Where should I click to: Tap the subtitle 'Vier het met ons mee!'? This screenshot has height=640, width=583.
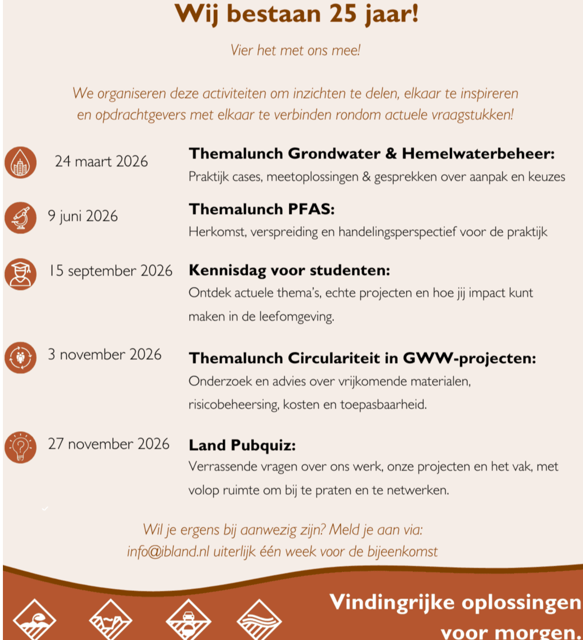tap(295, 50)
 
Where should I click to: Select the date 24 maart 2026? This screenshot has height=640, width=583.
tap(101, 161)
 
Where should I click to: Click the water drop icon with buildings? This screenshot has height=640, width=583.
tap(20, 163)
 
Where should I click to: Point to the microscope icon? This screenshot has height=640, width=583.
tap(20, 218)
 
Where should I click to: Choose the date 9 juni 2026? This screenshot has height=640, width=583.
tap(83, 216)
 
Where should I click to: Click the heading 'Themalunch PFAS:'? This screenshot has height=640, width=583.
tap(261, 209)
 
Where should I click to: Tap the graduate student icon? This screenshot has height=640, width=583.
tap(20, 274)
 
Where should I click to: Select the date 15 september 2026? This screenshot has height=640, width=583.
tap(110, 270)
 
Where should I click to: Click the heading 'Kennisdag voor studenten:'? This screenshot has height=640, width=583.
tap(289, 270)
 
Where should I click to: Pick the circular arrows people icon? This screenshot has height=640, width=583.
tap(20, 357)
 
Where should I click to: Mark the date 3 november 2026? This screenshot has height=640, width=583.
tap(105, 354)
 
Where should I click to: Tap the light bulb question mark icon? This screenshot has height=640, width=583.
tap(20, 447)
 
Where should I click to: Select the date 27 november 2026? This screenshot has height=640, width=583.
tap(108, 444)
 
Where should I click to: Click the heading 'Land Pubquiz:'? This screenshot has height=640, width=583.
tap(242, 445)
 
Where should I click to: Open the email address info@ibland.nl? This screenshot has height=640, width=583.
tap(168, 551)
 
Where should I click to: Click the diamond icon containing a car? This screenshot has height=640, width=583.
tap(188, 621)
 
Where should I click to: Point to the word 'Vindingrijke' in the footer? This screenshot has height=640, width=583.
tap(392, 603)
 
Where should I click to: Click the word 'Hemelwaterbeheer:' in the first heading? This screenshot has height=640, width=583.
tap(478, 153)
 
